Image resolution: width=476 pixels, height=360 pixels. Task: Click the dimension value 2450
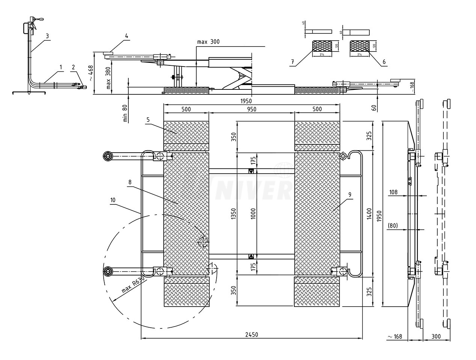pyautogui.click(x=252, y=335)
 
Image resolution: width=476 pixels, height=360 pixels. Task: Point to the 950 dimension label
pyautogui.click(x=252, y=109)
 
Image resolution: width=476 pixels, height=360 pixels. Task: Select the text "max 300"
pyautogui.click(x=208, y=42)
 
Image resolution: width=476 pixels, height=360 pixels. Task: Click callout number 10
pyautogui.click(x=113, y=201)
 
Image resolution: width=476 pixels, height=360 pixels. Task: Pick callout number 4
pyautogui.click(x=127, y=36)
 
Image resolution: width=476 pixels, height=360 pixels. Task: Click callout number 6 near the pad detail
pyautogui.click(x=383, y=61)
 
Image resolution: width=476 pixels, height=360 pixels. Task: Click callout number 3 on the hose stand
pyautogui.click(x=47, y=36)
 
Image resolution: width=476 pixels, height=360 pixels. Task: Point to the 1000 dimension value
pyautogui.click(x=253, y=214)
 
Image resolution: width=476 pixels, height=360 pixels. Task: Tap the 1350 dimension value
pyautogui.click(x=233, y=214)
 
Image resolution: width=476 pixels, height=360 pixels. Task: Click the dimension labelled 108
pyautogui.click(x=393, y=192)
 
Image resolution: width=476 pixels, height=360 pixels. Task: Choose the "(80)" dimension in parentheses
pyautogui.click(x=393, y=226)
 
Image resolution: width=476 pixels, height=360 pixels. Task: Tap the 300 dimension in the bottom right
pyautogui.click(x=436, y=337)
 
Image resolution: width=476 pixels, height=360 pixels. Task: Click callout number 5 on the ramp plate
pyautogui.click(x=148, y=119)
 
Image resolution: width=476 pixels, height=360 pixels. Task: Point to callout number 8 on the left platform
pyautogui.click(x=130, y=182)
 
